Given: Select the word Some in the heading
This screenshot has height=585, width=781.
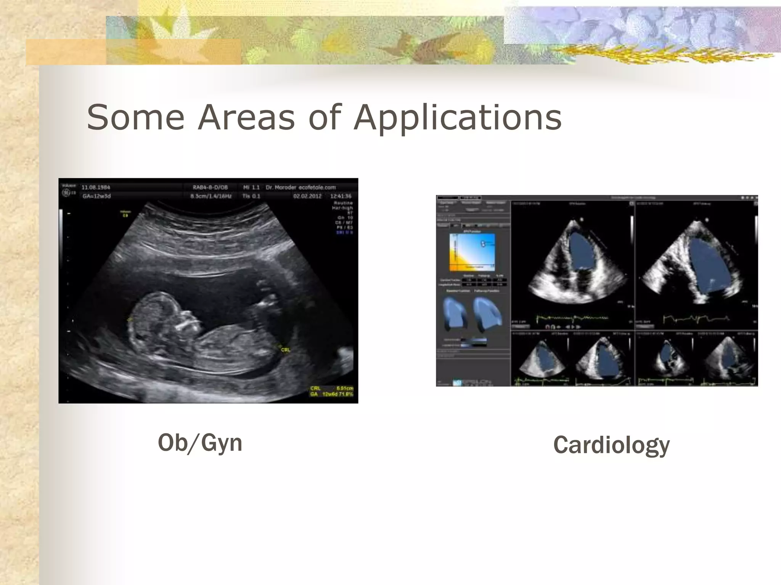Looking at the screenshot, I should pyautogui.click(x=135, y=117).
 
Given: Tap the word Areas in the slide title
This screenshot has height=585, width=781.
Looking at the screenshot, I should pyautogui.click(x=246, y=117).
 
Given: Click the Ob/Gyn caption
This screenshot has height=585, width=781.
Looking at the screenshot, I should pyautogui.click(x=200, y=443).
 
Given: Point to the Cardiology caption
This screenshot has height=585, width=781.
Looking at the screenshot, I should pyautogui.click(x=611, y=445).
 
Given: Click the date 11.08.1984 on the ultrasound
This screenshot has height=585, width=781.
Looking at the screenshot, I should pyautogui.click(x=96, y=187).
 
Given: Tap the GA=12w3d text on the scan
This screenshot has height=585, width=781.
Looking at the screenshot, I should pyautogui.click(x=96, y=197).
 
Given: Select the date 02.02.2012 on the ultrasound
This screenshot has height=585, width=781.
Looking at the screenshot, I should pyautogui.click(x=307, y=196).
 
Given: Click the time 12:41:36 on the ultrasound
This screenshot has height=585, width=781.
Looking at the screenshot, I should pyautogui.click(x=341, y=196).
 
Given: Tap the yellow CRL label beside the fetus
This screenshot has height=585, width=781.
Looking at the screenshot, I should pyautogui.click(x=285, y=350).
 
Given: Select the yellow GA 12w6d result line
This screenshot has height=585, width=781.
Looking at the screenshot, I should pyautogui.click(x=331, y=394).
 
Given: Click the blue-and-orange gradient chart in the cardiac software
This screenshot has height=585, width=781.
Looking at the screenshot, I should pyautogui.click(x=472, y=252).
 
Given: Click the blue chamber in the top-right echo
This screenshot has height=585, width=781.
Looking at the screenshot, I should pyautogui.click(x=705, y=267).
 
